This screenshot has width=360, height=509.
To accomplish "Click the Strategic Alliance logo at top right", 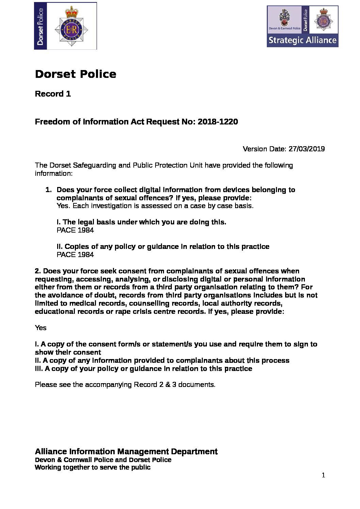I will (x=302, y=26).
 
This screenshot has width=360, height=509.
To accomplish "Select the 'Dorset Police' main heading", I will (x=76, y=74).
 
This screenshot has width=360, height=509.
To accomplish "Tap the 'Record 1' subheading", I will (x=53, y=94).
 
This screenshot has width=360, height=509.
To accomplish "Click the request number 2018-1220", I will (x=217, y=122).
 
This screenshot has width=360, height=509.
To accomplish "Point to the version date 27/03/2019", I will (x=306, y=149).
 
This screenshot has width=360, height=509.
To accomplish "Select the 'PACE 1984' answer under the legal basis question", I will (x=75, y=230).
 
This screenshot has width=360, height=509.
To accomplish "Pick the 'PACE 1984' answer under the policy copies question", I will (x=75, y=255).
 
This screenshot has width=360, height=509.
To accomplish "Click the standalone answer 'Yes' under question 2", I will (x=40, y=328).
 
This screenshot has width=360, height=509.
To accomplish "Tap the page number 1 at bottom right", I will (x=323, y=475).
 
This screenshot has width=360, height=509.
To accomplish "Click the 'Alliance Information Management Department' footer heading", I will (x=126, y=452).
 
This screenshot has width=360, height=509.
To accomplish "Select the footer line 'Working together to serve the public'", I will (x=93, y=468).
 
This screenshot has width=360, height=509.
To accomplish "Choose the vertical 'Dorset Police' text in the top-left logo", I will (x=40, y=26).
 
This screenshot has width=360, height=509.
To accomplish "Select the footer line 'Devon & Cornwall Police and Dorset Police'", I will (x=103, y=460).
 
